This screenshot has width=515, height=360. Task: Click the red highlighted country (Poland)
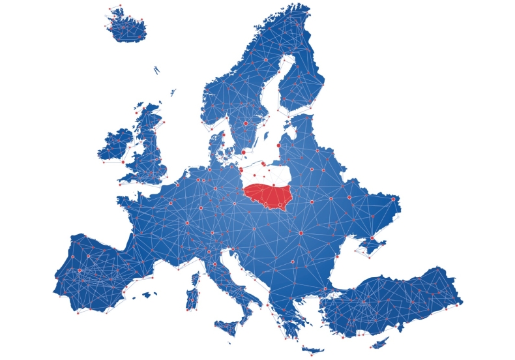(x=267, y=194)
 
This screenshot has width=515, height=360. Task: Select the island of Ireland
(x=115, y=146)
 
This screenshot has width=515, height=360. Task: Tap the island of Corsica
(x=195, y=279)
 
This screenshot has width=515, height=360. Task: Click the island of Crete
(x=312, y=350)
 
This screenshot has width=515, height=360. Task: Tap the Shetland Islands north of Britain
(x=173, y=93)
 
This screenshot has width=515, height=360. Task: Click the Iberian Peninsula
(x=91, y=274)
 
